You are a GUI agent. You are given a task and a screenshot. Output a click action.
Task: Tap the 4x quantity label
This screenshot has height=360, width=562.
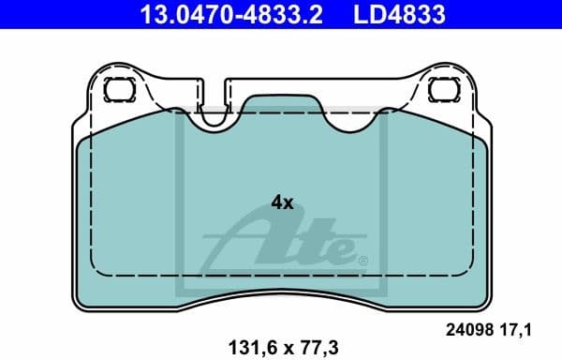coord(282,202)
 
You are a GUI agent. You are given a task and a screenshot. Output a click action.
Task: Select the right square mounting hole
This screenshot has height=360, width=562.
coord(440,90)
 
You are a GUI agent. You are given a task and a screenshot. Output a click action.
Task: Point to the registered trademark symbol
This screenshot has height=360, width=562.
coord(362,260)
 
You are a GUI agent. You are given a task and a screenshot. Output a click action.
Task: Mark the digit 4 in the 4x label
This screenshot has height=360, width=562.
coord(276,202)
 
